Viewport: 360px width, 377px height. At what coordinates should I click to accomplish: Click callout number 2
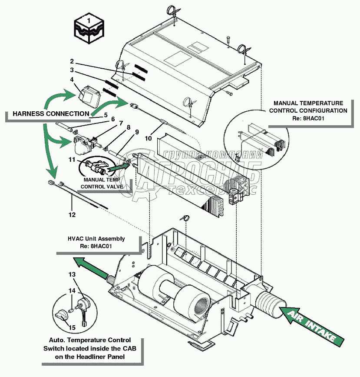(x=72, y=61)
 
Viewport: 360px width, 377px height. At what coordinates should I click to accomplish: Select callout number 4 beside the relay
(x=72, y=79)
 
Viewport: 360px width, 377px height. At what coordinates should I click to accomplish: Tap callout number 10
(x=148, y=139)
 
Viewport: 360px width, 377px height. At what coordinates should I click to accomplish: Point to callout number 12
(x=72, y=215)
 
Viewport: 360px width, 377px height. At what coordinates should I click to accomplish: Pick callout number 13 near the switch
(x=72, y=274)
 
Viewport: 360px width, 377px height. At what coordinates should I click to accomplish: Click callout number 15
(x=72, y=327)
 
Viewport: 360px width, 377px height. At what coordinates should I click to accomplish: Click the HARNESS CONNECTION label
(x=51, y=114)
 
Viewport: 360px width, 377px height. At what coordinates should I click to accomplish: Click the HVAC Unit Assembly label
(x=96, y=242)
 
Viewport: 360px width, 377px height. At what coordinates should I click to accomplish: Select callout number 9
(x=137, y=131)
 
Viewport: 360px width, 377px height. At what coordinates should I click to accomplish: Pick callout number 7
(x=121, y=123)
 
